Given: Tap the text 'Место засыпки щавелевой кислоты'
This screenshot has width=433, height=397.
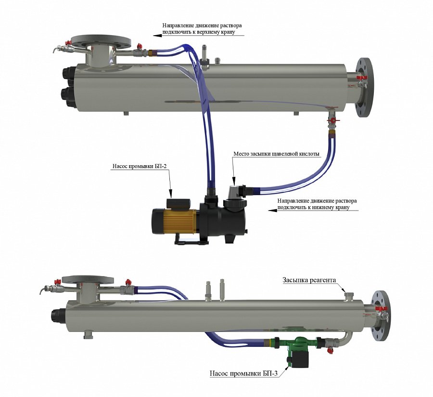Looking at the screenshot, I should (277, 155).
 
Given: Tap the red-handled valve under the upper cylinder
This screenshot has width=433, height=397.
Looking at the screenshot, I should (331, 120).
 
